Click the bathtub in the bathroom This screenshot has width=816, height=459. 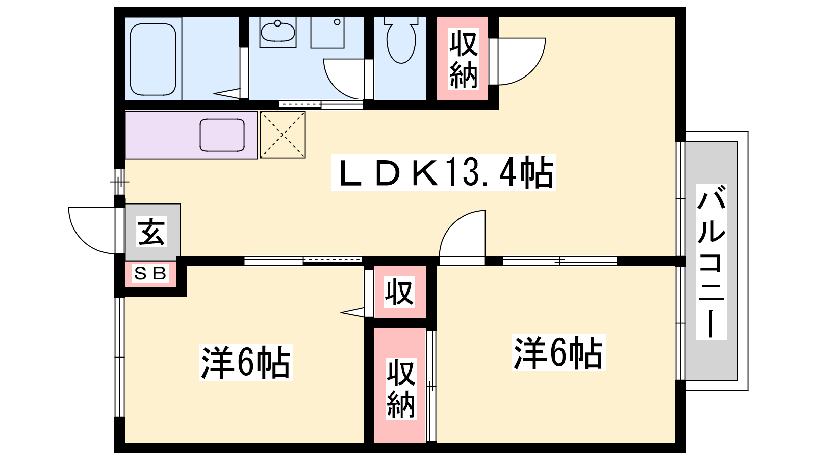pos(153,59)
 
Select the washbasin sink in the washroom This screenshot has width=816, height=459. pos(278,32)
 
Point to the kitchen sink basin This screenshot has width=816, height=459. pos(222,135)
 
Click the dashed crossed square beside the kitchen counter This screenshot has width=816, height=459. pos(283,135)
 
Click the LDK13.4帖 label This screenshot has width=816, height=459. pos(444,172)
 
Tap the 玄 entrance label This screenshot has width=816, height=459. pos(152,232)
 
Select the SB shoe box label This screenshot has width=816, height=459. pos(150,273)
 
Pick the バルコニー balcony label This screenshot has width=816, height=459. pos(711,262)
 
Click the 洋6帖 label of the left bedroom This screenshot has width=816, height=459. pos(246,363)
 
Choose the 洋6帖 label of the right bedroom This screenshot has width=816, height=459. pos(558,352)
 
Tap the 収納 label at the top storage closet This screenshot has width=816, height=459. pos(463,60)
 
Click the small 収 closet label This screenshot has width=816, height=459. pos(400,292)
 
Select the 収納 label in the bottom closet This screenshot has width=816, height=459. pos(401,388)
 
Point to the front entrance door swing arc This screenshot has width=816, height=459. pos(92,231)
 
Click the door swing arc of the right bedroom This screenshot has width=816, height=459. pos(463,234)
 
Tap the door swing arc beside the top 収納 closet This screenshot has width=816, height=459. pos(522,61)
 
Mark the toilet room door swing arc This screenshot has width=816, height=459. pos(344,79)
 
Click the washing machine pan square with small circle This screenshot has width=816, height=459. pos(327,33)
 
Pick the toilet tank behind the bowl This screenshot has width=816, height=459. pos(401,20)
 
